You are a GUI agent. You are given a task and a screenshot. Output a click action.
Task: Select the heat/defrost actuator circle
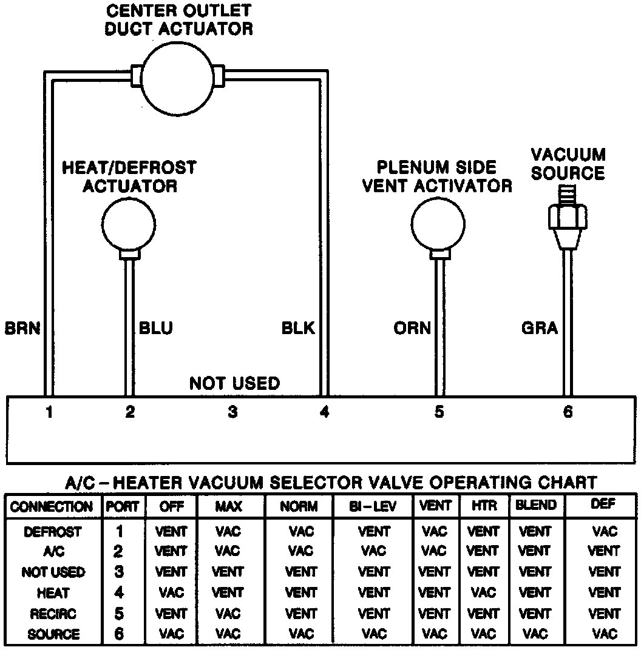tap(128, 223)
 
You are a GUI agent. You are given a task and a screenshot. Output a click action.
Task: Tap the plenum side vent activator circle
tap(438, 223)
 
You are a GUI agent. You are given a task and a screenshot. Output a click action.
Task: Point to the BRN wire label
tap(22, 328)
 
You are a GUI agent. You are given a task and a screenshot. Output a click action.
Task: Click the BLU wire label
tap(156, 328)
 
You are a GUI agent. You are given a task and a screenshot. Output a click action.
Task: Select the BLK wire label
tap(298, 328)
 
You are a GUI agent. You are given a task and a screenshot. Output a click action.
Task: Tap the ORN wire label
tap(412, 328)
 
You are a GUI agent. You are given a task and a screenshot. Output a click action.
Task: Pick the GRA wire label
tap(539, 328)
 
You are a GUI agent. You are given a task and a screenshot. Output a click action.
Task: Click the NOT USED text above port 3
tap(234, 383)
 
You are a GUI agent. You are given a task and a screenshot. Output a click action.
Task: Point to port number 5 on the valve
tap(439, 412)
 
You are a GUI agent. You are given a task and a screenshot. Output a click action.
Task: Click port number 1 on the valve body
tap(50, 412)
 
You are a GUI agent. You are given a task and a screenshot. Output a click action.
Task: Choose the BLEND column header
tap(535, 505)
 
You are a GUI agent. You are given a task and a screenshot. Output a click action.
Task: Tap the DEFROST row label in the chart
tap(53, 532)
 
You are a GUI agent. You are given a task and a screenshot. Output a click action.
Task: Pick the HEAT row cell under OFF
tap(171, 593)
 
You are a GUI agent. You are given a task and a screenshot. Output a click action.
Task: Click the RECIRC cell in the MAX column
tap(228, 614)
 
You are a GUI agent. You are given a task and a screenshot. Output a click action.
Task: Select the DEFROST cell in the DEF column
tap(605, 532)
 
